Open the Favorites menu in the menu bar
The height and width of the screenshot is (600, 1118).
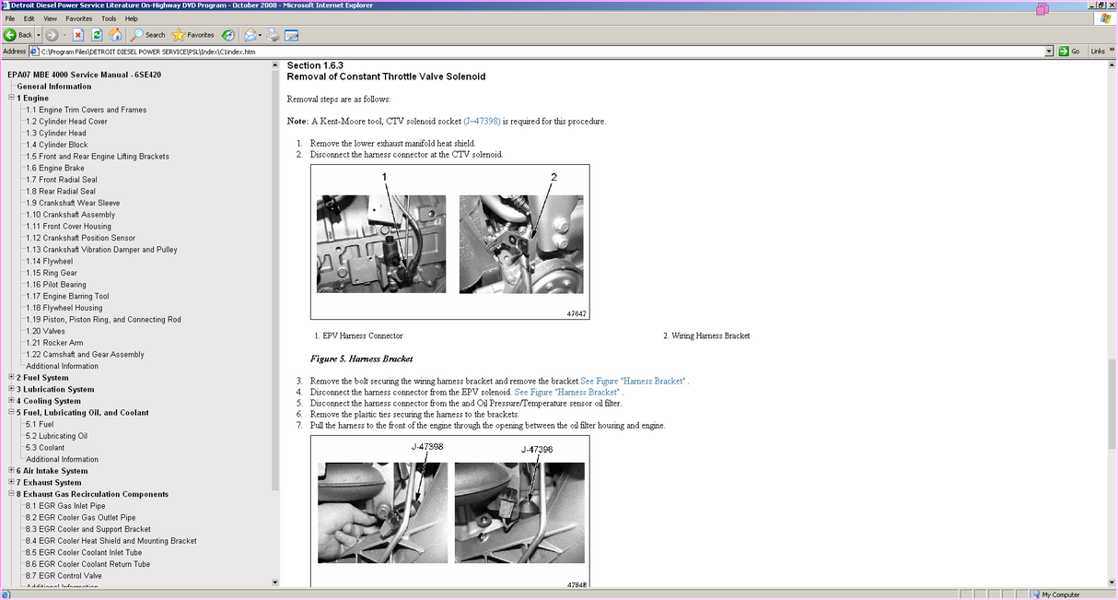(78, 18)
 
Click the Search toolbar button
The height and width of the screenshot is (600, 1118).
(148, 35)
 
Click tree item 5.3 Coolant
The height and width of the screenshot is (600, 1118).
(45, 447)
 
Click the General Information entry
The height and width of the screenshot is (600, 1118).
(53, 87)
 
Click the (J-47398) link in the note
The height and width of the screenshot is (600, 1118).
(482, 121)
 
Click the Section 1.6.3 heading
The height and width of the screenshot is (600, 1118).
(315, 65)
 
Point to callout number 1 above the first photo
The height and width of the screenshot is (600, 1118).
(385, 176)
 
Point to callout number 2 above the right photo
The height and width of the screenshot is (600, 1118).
(553, 176)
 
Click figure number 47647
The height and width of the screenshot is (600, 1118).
(576, 313)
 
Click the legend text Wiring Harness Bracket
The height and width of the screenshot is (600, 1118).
(710, 335)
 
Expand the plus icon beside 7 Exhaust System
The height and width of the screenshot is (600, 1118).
(11, 482)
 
